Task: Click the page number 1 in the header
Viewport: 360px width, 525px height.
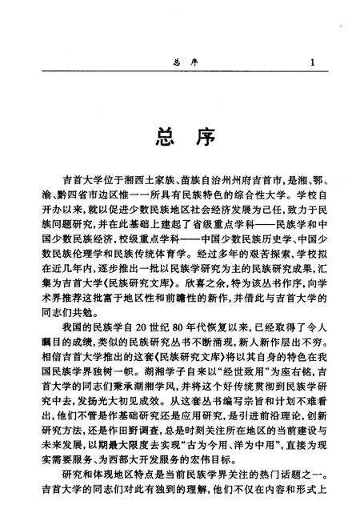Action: click(312, 62)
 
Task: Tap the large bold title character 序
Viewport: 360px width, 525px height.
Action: click(202, 137)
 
